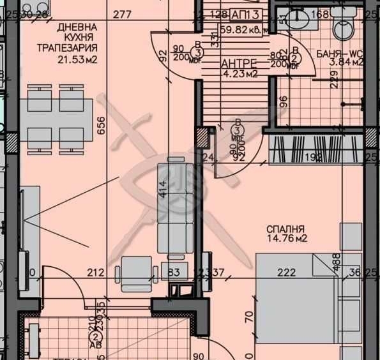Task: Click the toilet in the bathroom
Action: pos(344,24)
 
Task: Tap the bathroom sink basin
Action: pos(297,19)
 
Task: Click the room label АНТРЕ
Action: pos(239,63)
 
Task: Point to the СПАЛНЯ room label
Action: pos(287,229)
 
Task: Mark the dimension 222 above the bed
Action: pos(287,273)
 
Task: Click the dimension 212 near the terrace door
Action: pos(95,273)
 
